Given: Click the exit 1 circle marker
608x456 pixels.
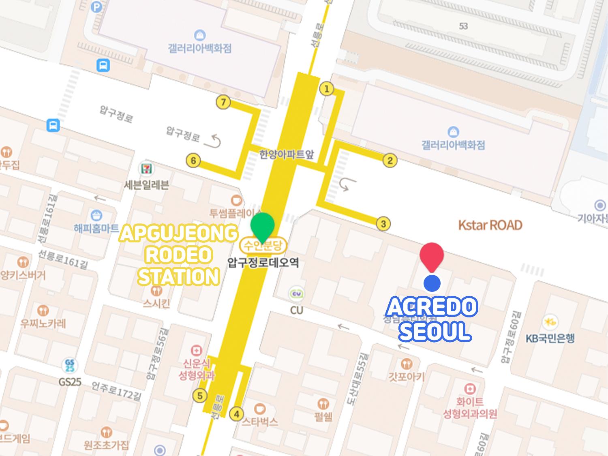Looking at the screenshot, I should (327, 89).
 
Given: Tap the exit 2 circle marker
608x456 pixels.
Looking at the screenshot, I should (390, 161).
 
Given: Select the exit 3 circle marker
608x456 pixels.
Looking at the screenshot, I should (383, 223).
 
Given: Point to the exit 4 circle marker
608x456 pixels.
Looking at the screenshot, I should (236, 414).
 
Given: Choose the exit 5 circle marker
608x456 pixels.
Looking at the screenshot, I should (199, 395).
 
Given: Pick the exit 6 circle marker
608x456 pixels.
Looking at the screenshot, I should (193, 161).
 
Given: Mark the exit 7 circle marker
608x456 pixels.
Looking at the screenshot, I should (223, 103).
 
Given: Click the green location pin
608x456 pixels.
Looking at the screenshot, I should (262, 226).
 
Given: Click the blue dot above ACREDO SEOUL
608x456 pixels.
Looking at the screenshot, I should (432, 283).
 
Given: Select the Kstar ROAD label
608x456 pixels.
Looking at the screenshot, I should (490, 225).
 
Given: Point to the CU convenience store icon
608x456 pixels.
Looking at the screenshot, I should (296, 294).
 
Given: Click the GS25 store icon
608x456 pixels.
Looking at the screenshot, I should (69, 365).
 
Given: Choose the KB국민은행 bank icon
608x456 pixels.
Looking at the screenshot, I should (550, 322).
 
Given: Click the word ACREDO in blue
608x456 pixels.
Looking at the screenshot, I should (431, 308).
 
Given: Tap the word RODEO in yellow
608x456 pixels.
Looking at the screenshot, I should (178, 255).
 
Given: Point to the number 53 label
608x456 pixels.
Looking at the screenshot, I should (463, 26).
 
